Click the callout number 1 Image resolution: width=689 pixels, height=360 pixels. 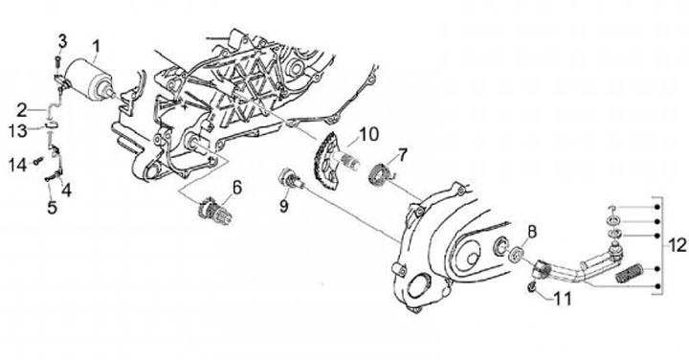(96, 46)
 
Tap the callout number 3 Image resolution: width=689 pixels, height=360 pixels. (62, 42)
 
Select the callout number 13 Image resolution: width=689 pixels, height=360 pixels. (18, 130)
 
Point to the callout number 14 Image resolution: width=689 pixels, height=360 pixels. (18, 165)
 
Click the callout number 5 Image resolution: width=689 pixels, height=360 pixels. (52, 208)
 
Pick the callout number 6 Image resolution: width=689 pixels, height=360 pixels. (237, 188)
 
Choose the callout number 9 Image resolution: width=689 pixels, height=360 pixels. (284, 206)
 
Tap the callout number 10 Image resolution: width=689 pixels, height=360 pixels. (368, 134)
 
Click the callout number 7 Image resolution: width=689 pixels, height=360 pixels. (403, 155)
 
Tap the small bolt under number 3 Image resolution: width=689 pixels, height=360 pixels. (58, 63)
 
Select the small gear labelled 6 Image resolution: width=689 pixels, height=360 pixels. (212, 210)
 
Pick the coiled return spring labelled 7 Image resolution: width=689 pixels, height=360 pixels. (380, 174)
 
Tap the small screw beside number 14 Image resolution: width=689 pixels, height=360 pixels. (37, 161)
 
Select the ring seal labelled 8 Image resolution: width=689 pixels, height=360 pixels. (517, 255)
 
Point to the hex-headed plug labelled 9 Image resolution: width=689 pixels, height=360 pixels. (290, 179)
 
